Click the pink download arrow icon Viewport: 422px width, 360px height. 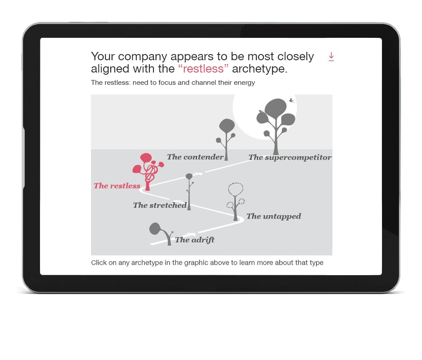coord(331,57)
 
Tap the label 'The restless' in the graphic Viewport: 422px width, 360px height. coord(117,185)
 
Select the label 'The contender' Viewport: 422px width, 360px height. coord(195,157)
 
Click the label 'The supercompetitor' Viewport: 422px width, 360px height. coord(290,157)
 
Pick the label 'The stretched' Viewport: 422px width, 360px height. coord(160,205)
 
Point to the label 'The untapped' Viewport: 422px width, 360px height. coord(274,216)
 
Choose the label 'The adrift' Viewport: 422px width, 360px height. coord(195,240)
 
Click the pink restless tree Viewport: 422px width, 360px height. coord(148,171)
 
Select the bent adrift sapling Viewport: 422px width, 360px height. coord(161,233)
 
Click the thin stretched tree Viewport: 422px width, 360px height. coord(189,192)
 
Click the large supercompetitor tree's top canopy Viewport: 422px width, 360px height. coord(276,107)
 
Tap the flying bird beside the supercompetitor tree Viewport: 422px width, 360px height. coord(291,100)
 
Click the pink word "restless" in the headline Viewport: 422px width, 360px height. coord(203,69)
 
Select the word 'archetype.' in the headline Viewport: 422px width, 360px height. coord(260,69)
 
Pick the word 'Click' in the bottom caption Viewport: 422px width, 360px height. coord(99,262)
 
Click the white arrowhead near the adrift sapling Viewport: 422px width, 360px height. coord(192,235)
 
